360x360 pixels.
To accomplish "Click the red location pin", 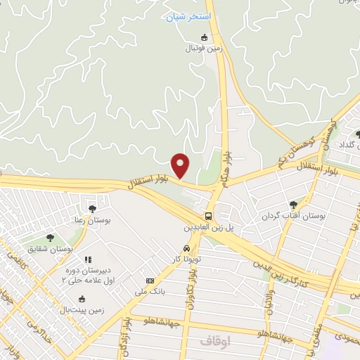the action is (181, 165).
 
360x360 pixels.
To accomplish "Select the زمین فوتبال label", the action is (203, 49).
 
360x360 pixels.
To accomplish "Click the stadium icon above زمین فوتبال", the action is (205, 37).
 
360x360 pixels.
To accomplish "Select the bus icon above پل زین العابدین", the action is (209, 216).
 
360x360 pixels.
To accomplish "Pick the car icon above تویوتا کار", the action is (186, 248).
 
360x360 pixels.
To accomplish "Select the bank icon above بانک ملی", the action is (150, 281).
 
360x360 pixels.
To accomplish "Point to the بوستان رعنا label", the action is (93, 219).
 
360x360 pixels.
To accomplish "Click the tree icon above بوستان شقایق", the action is (49, 238).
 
